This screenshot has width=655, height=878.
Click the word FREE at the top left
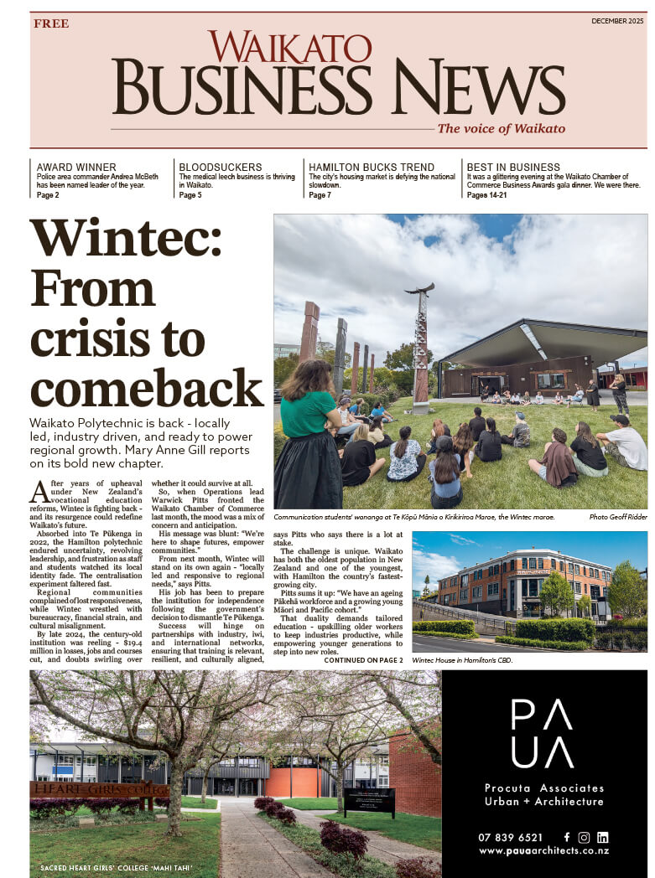tap(51, 23)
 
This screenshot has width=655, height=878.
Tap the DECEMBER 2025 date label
tap(619, 21)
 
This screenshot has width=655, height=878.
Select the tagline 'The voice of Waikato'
tap(501, 128)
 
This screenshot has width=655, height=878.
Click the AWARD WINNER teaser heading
tap(76, 168)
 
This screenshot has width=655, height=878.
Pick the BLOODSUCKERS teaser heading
tap(220, 168)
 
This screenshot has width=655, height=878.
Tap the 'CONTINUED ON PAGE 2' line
tap(363, 661)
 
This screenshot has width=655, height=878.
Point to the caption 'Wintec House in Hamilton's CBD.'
tap(461, 661)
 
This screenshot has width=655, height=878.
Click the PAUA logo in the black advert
tap(543, 733)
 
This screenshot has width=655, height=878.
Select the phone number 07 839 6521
tap(511, 837)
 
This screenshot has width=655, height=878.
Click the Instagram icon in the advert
tap(584, 837)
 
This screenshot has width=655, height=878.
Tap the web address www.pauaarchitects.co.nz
tap(543, 851)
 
